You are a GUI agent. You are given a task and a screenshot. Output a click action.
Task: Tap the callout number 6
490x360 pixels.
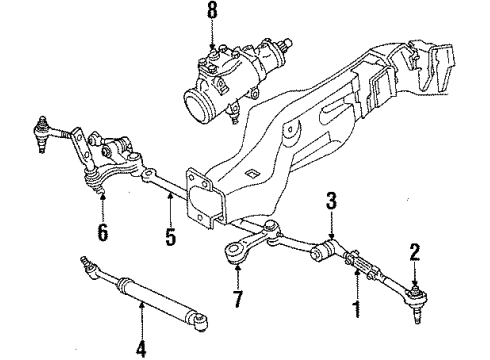[103, 233]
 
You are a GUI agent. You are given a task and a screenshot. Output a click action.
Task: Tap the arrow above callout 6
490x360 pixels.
[103, 205]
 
